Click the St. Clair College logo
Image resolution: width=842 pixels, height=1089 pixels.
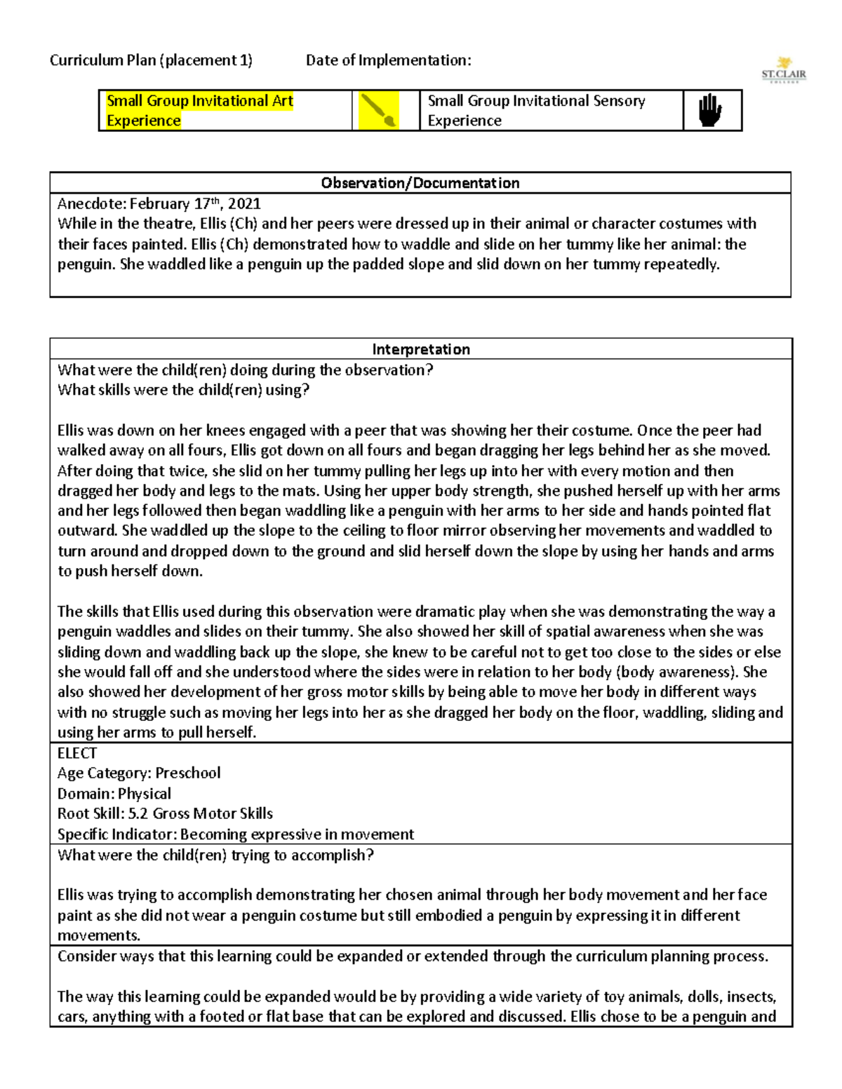[784, 70]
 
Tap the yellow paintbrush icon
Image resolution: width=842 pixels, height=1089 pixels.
[379, 110]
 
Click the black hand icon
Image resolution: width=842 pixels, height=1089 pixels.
[710, 110]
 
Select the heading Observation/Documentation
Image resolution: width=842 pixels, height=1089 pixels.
[420, 183]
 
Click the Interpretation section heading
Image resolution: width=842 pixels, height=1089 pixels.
[420, 349]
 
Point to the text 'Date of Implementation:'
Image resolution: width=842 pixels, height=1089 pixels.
[388, 60]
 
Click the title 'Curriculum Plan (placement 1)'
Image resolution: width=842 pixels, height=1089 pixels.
[151, 60]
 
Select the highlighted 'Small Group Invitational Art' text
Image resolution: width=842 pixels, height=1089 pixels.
[200, 101]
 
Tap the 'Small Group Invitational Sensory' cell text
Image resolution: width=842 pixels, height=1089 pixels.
[536, 101]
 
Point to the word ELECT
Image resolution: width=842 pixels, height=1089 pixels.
[77, 753]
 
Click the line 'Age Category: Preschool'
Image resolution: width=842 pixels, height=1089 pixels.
[139, 773]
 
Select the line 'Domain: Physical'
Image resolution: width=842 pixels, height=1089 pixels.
[114, 794]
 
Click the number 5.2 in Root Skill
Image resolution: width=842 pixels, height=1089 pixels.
[138, 813]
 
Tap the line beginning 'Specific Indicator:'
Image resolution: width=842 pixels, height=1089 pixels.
[235, 834]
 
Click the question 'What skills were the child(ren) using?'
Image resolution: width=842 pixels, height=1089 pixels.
[183, 390]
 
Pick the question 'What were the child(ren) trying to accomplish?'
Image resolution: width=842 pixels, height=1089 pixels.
[215, 855]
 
